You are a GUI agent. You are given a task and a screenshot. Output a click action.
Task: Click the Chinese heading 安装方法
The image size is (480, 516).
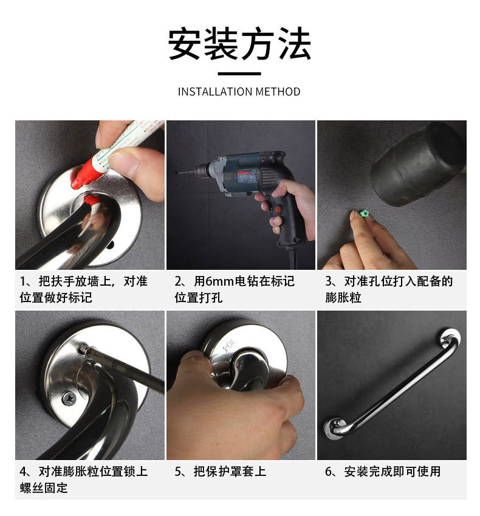[239, 44]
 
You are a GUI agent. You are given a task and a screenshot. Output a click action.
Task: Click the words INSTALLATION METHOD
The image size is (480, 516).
[239, 92]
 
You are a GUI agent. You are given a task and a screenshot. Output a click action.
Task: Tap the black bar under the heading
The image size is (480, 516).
[239, 74]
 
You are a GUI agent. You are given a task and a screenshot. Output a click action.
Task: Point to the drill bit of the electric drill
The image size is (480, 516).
[186, 172]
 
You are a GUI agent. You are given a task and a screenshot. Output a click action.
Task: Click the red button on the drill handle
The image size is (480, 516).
[278, 210]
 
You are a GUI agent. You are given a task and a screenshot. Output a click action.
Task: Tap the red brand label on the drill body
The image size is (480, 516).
[243, 173]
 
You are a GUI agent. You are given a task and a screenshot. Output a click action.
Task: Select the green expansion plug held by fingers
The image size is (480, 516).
[364, 213]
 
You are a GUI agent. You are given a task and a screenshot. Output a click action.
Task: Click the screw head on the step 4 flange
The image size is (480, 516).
[69, 399]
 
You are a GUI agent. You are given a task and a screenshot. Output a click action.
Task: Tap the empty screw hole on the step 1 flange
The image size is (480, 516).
[111, 244]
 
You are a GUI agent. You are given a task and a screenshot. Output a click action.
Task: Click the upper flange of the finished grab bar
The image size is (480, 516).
[449, 337]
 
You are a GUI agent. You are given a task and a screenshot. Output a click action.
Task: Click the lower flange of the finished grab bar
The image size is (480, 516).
[335, 428]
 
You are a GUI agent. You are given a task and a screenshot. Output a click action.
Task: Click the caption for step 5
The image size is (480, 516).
[220, 472]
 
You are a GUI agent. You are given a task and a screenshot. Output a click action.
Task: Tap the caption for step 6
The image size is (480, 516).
[383, 472]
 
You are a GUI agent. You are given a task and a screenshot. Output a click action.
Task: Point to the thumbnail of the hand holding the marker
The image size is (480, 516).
[90, 195]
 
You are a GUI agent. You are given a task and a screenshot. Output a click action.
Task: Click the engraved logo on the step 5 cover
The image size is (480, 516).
[229, 344]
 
